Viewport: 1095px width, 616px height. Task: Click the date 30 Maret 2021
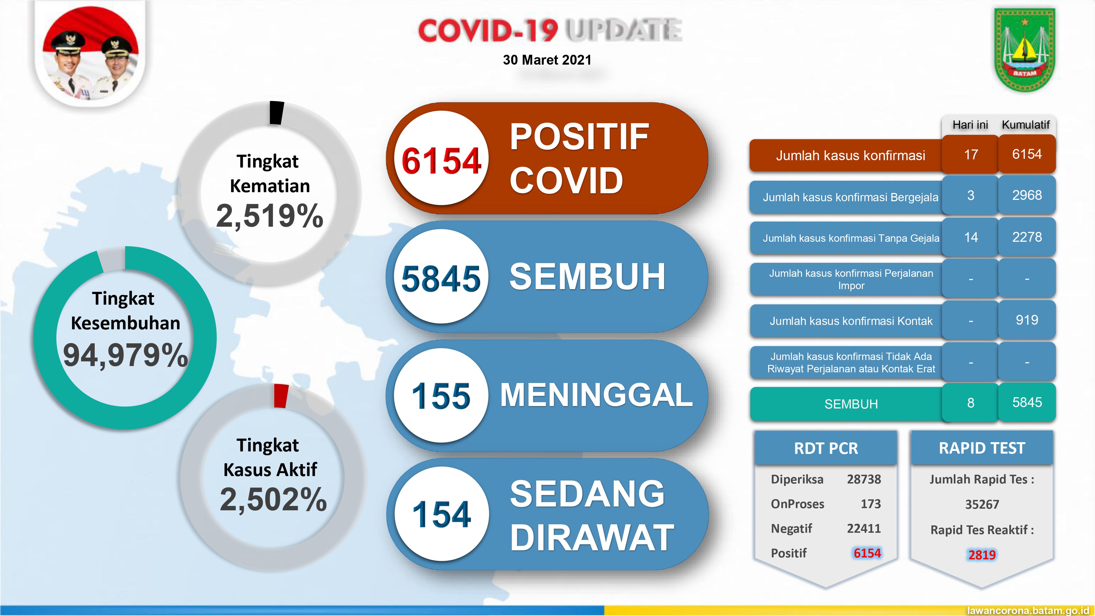tap(547, 60)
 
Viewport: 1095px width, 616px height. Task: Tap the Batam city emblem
tap(1024, 50)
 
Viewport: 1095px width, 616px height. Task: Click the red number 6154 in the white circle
tap(441, 162)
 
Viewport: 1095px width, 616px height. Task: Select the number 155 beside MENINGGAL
tap(441, 396)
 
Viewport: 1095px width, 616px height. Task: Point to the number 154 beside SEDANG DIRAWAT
tap(441, 514)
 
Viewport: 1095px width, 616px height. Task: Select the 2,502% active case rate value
tap(273, 499)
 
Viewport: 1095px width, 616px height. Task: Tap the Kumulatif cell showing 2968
tap(1027, 195)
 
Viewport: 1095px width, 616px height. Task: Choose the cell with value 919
tap(1027, 320)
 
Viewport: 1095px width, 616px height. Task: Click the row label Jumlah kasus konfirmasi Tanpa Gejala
tap(851, 238)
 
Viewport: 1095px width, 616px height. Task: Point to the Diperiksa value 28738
tap(864, 479)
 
